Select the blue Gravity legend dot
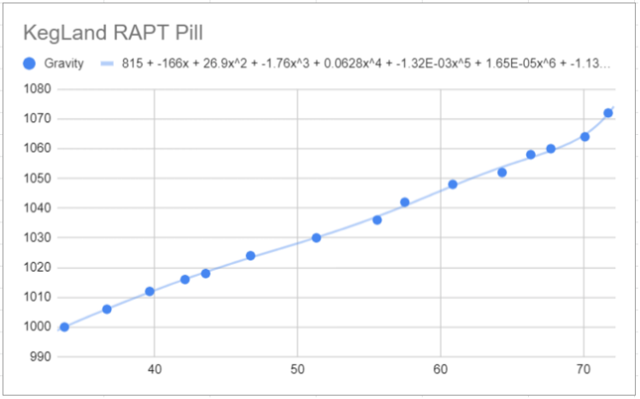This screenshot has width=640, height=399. (x=29, y=63)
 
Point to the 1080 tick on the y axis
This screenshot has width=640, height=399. (x=38, y=89)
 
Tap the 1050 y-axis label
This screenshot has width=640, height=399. (x=38, y=179)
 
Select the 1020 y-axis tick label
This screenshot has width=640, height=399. (x=38, y=267)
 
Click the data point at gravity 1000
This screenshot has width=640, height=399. (x=64, y=327)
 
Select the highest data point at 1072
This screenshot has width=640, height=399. (x=608, y=113)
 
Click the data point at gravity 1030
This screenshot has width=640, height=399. (x=316, y=238)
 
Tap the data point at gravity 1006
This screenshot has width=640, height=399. (x=107, y=309)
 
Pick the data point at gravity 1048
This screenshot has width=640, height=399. (x=453, y=184)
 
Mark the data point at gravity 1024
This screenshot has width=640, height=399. (x=250, y=255)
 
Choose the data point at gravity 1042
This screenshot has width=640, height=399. (x=405, y=202)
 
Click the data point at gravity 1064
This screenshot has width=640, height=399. (x=585, y=137)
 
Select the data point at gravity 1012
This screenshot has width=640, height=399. (x=150, y=291)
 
